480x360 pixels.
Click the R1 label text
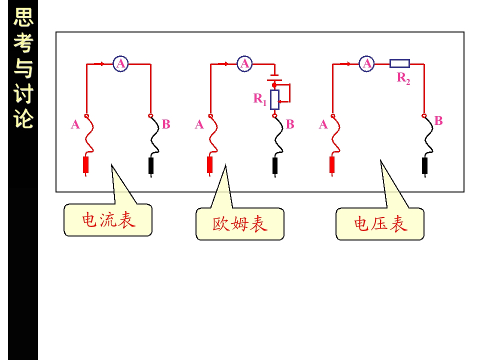pyautogui.click(x=260, y=99)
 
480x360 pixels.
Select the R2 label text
pyautogui.click(x=403, y=78)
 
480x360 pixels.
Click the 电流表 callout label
pyautogui.click(x=108, y=220)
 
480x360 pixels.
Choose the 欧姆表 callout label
pyautogui.click(x=240, y=224)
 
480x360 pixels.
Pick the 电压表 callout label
pyautogui.click(x=380, y=224)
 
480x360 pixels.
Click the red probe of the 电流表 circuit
pyautogui.click(x=86, y=166)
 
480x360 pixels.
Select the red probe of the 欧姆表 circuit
pyautogui.click(x=209, y=166)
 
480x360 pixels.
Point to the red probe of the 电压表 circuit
pyautogui.click(x=332, y=166)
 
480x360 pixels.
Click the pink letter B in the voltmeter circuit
pyautogui.click(x=438, y=120)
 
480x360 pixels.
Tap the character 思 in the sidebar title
pyautogui.click(x=23, y=17)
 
